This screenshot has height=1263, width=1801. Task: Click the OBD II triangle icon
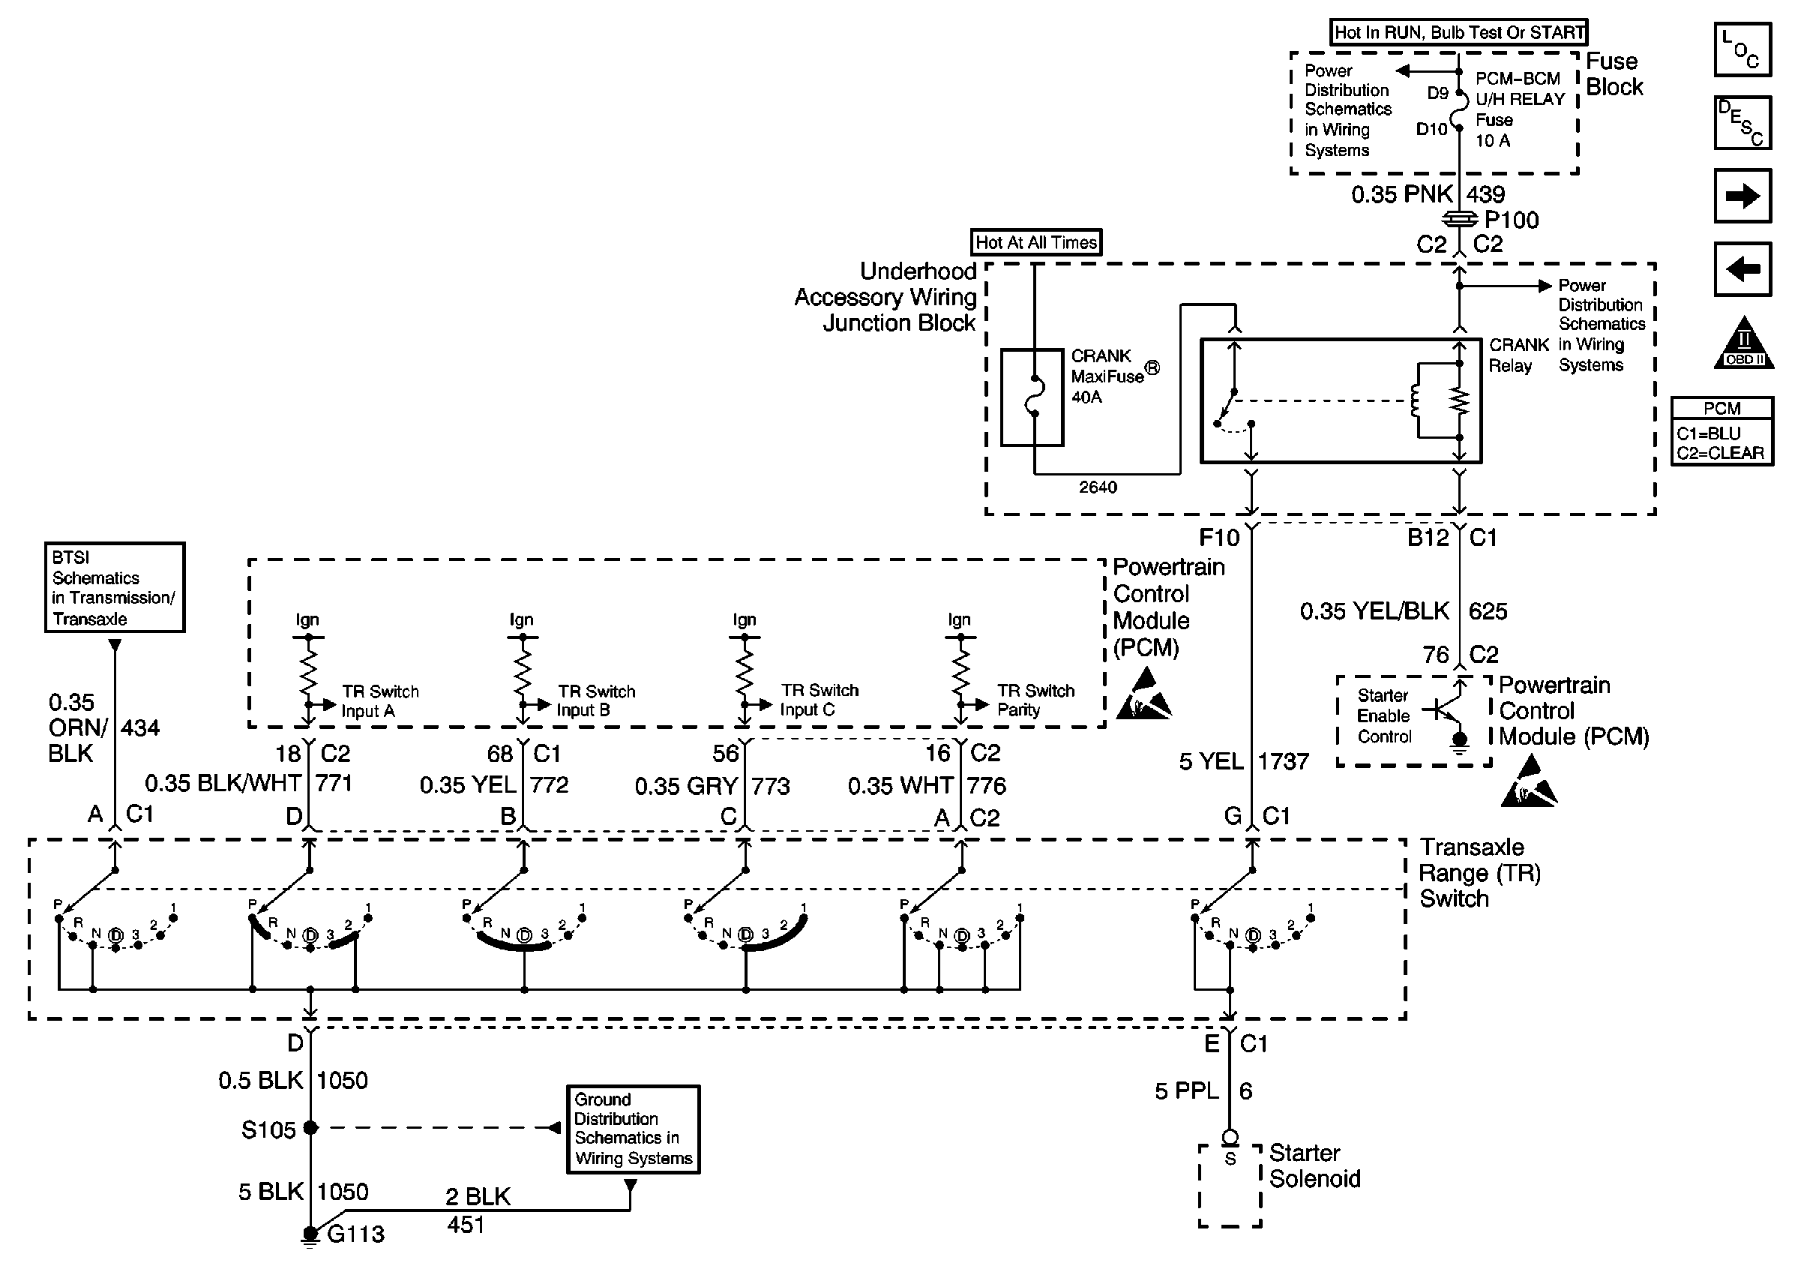[1744, 343]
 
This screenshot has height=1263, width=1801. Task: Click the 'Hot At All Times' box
[1035, 242]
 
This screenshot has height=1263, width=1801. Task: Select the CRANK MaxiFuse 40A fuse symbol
[1033, 397]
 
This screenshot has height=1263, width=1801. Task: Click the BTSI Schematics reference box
[115, 586]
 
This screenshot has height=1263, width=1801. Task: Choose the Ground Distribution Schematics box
[633, 1129]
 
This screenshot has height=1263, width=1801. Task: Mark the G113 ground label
[355, 1234]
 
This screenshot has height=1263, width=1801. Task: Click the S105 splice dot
[310, 1128]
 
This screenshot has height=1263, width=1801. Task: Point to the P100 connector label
[1511, 220]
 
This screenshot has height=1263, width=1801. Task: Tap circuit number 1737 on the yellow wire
[1284, 761]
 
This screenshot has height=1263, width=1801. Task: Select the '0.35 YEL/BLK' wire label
[1374, 611]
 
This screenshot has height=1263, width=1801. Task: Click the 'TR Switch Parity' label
[1035, 700]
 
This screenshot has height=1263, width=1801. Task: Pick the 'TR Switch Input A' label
[379, 700]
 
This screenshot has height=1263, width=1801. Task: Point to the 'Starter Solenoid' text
[1314, 1165]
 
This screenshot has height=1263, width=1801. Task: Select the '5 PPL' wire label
[1186, 1090]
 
